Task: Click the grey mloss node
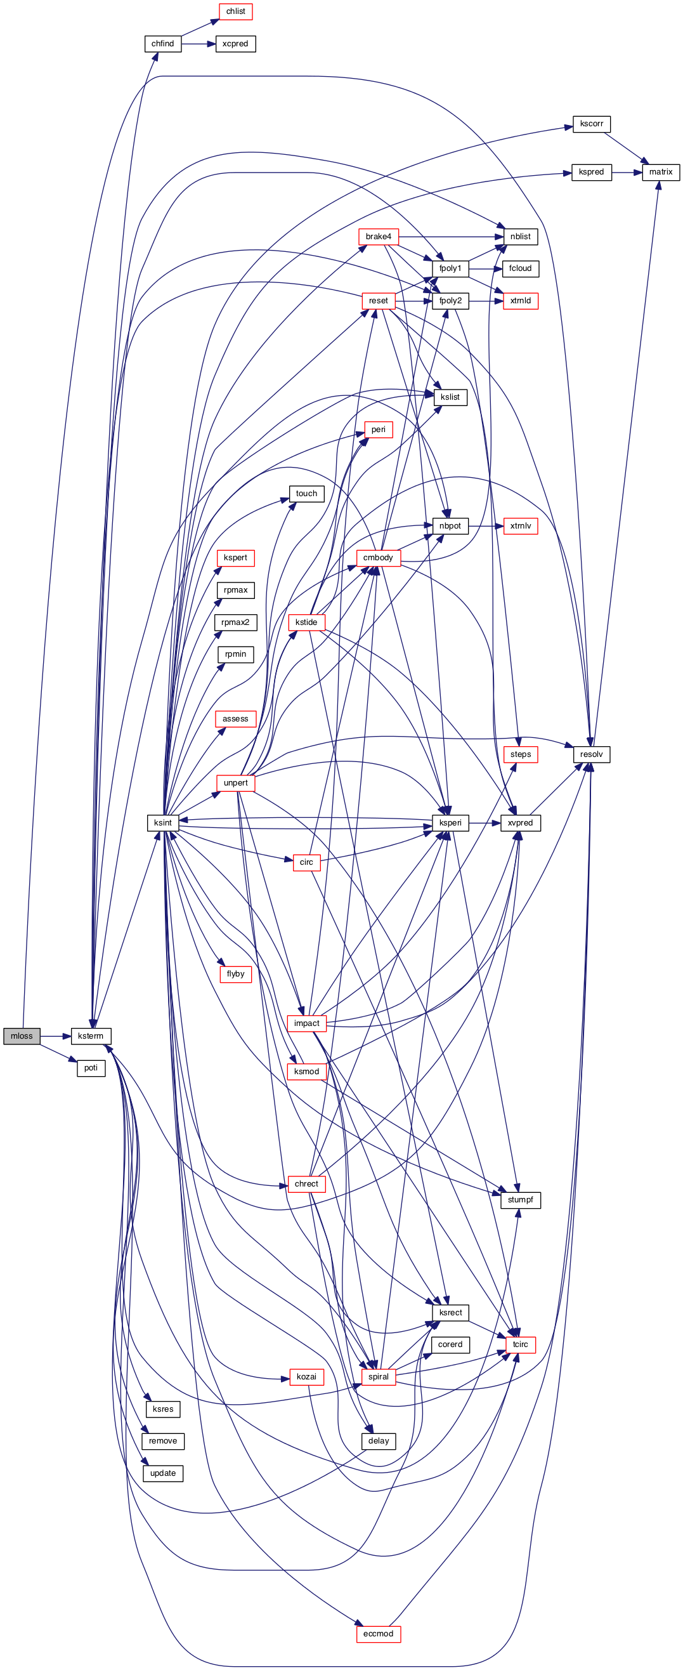pyautogui.click(x=22, y=1036)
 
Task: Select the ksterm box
pyautogui.click(x=91, y=1036)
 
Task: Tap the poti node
pyautogui.click(x=91, y=1068)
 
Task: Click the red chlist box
pyautogui.click(x=235, y=11)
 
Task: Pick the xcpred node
pyautogui.click(x=235, y=44)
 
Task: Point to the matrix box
pyautogui.click(x=660, y=173)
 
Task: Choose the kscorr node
pyautogui.click(x=591, y=124)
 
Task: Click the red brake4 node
pyautogui.click(x=379, y=237)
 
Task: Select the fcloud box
pyautogui.click(x=520, y=268)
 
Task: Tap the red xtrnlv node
pyautogui.click(x=520, y=526)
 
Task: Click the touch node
pyautogui.click(x=306, y=494)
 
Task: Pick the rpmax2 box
pyautogui.click(x=235, y=622)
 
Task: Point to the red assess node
pyautogui.click(x=235, y=719)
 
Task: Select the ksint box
pyautogui.click(x=162, y=823)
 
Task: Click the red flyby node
pyautogui.click(x=235, y=974)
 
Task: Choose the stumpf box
pyautogui.click(x=520, y=1200)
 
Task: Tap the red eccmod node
pyautogui.click(x=379, y=1634)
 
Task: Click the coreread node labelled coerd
pyautogui.click(x=450, y=1345)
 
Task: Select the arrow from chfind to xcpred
pyautogui.click(x=198, y=44)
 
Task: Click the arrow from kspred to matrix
pyautogui.click(x=626, y=173)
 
